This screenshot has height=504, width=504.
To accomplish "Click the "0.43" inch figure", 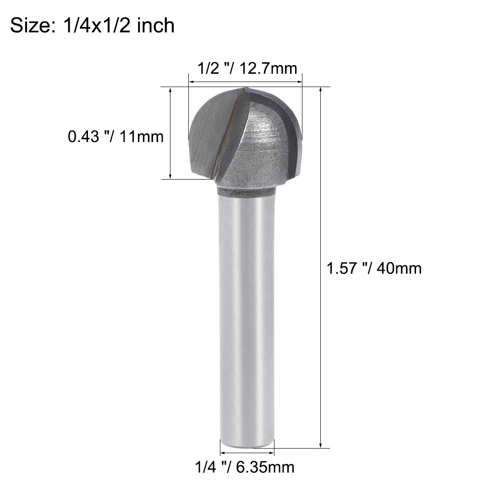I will click(x=84, y=136).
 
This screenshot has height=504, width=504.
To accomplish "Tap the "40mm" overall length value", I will click(x=398, y=268).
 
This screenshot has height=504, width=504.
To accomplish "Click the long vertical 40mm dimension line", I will click(x=321, y=268).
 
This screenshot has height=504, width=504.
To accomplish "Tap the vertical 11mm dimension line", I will click(x=170, y=133).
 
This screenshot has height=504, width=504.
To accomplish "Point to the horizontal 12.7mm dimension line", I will click(x=246, y=82).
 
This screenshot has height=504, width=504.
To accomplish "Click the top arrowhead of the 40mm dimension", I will click(x=321, y=89).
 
